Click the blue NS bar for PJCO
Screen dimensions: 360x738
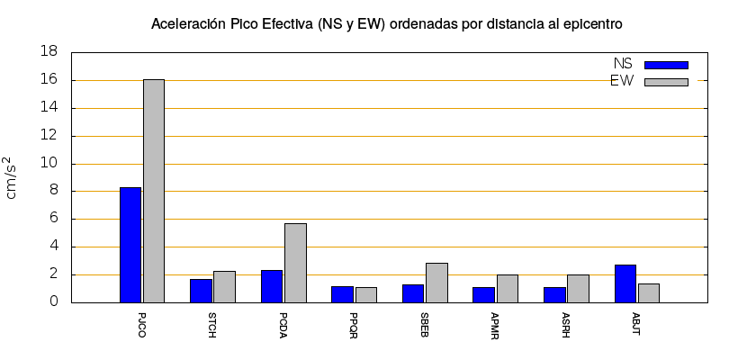(x=130, y=245)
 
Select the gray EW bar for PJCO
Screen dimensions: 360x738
(x=154, y=191)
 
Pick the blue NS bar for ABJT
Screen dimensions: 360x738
(x=625, y=283)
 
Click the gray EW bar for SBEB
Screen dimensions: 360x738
(x=436, y=283)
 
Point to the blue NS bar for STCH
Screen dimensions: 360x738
(x=202, y=291)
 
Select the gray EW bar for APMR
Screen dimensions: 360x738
(x=508, y=288)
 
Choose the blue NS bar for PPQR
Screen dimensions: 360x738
(x=343, y=294)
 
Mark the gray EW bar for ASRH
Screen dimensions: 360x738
(x=578, y=288)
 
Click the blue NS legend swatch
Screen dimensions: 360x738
(x=666, y=65)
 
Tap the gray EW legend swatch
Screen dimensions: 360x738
(x=666, y=82)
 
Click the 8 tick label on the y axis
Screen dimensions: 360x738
(x=53, y=191)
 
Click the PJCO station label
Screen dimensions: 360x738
(x=142, y=325)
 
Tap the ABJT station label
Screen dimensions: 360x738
(x=637, y=325)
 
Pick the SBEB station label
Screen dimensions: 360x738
(x=425, y=325)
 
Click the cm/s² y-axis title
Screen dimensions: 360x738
(x=13, y=177)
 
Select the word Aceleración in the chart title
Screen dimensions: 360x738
(x=188, y=23)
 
